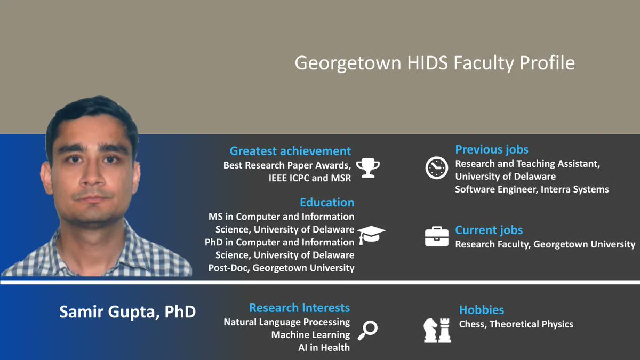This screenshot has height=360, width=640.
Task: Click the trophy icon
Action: click(368, 167)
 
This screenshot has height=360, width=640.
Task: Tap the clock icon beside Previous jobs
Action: click(436, 167)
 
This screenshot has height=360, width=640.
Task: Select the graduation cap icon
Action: click(371, 235)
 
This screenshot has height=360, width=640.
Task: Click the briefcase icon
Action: click(436, 236)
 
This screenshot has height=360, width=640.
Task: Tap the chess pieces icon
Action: click(437, 330)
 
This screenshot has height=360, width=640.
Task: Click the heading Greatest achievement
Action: click(290, 151)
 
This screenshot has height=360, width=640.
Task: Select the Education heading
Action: click(326, 202)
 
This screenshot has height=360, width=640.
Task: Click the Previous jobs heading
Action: click(491, 149)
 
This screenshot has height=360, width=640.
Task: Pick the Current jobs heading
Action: click(489, 230)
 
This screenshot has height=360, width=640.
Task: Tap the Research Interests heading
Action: click(299, 308)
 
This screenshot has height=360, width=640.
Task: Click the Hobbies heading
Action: click(481, 310)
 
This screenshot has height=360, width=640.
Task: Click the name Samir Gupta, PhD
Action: click(127, 312)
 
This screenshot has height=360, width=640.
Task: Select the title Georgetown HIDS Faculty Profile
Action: click(435, 63)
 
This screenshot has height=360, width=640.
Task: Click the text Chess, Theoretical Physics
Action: click(516, 324)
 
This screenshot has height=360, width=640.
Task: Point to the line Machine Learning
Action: click(310, 335)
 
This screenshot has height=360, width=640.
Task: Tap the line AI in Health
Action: click(324, 348)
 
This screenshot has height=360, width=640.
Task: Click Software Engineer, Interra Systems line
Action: click(532, 189)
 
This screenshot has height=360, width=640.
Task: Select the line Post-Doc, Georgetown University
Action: click(281, 268)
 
